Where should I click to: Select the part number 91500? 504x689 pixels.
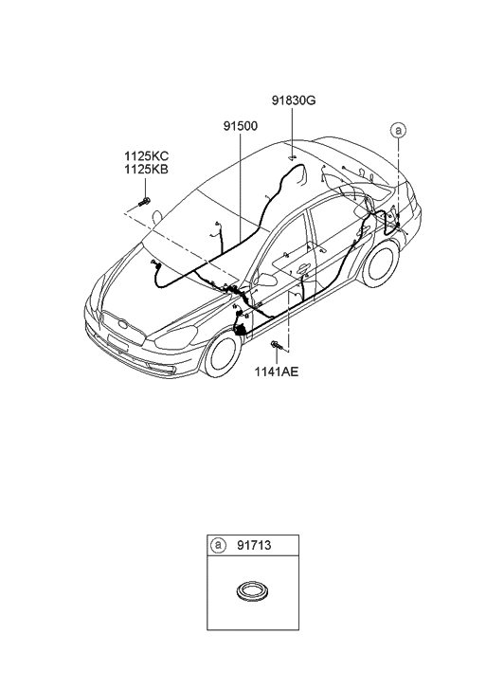(x=239, y=126)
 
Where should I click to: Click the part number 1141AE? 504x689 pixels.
(x=276, y=372)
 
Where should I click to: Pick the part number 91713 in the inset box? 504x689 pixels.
(x=250, y=545)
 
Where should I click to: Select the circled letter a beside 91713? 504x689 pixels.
(x=220, y=545)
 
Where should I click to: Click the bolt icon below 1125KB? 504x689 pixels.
(x=144, y=201)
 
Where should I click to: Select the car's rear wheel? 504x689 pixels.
(x=382, y=263)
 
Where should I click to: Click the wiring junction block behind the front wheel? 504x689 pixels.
(x=244, y=328)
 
